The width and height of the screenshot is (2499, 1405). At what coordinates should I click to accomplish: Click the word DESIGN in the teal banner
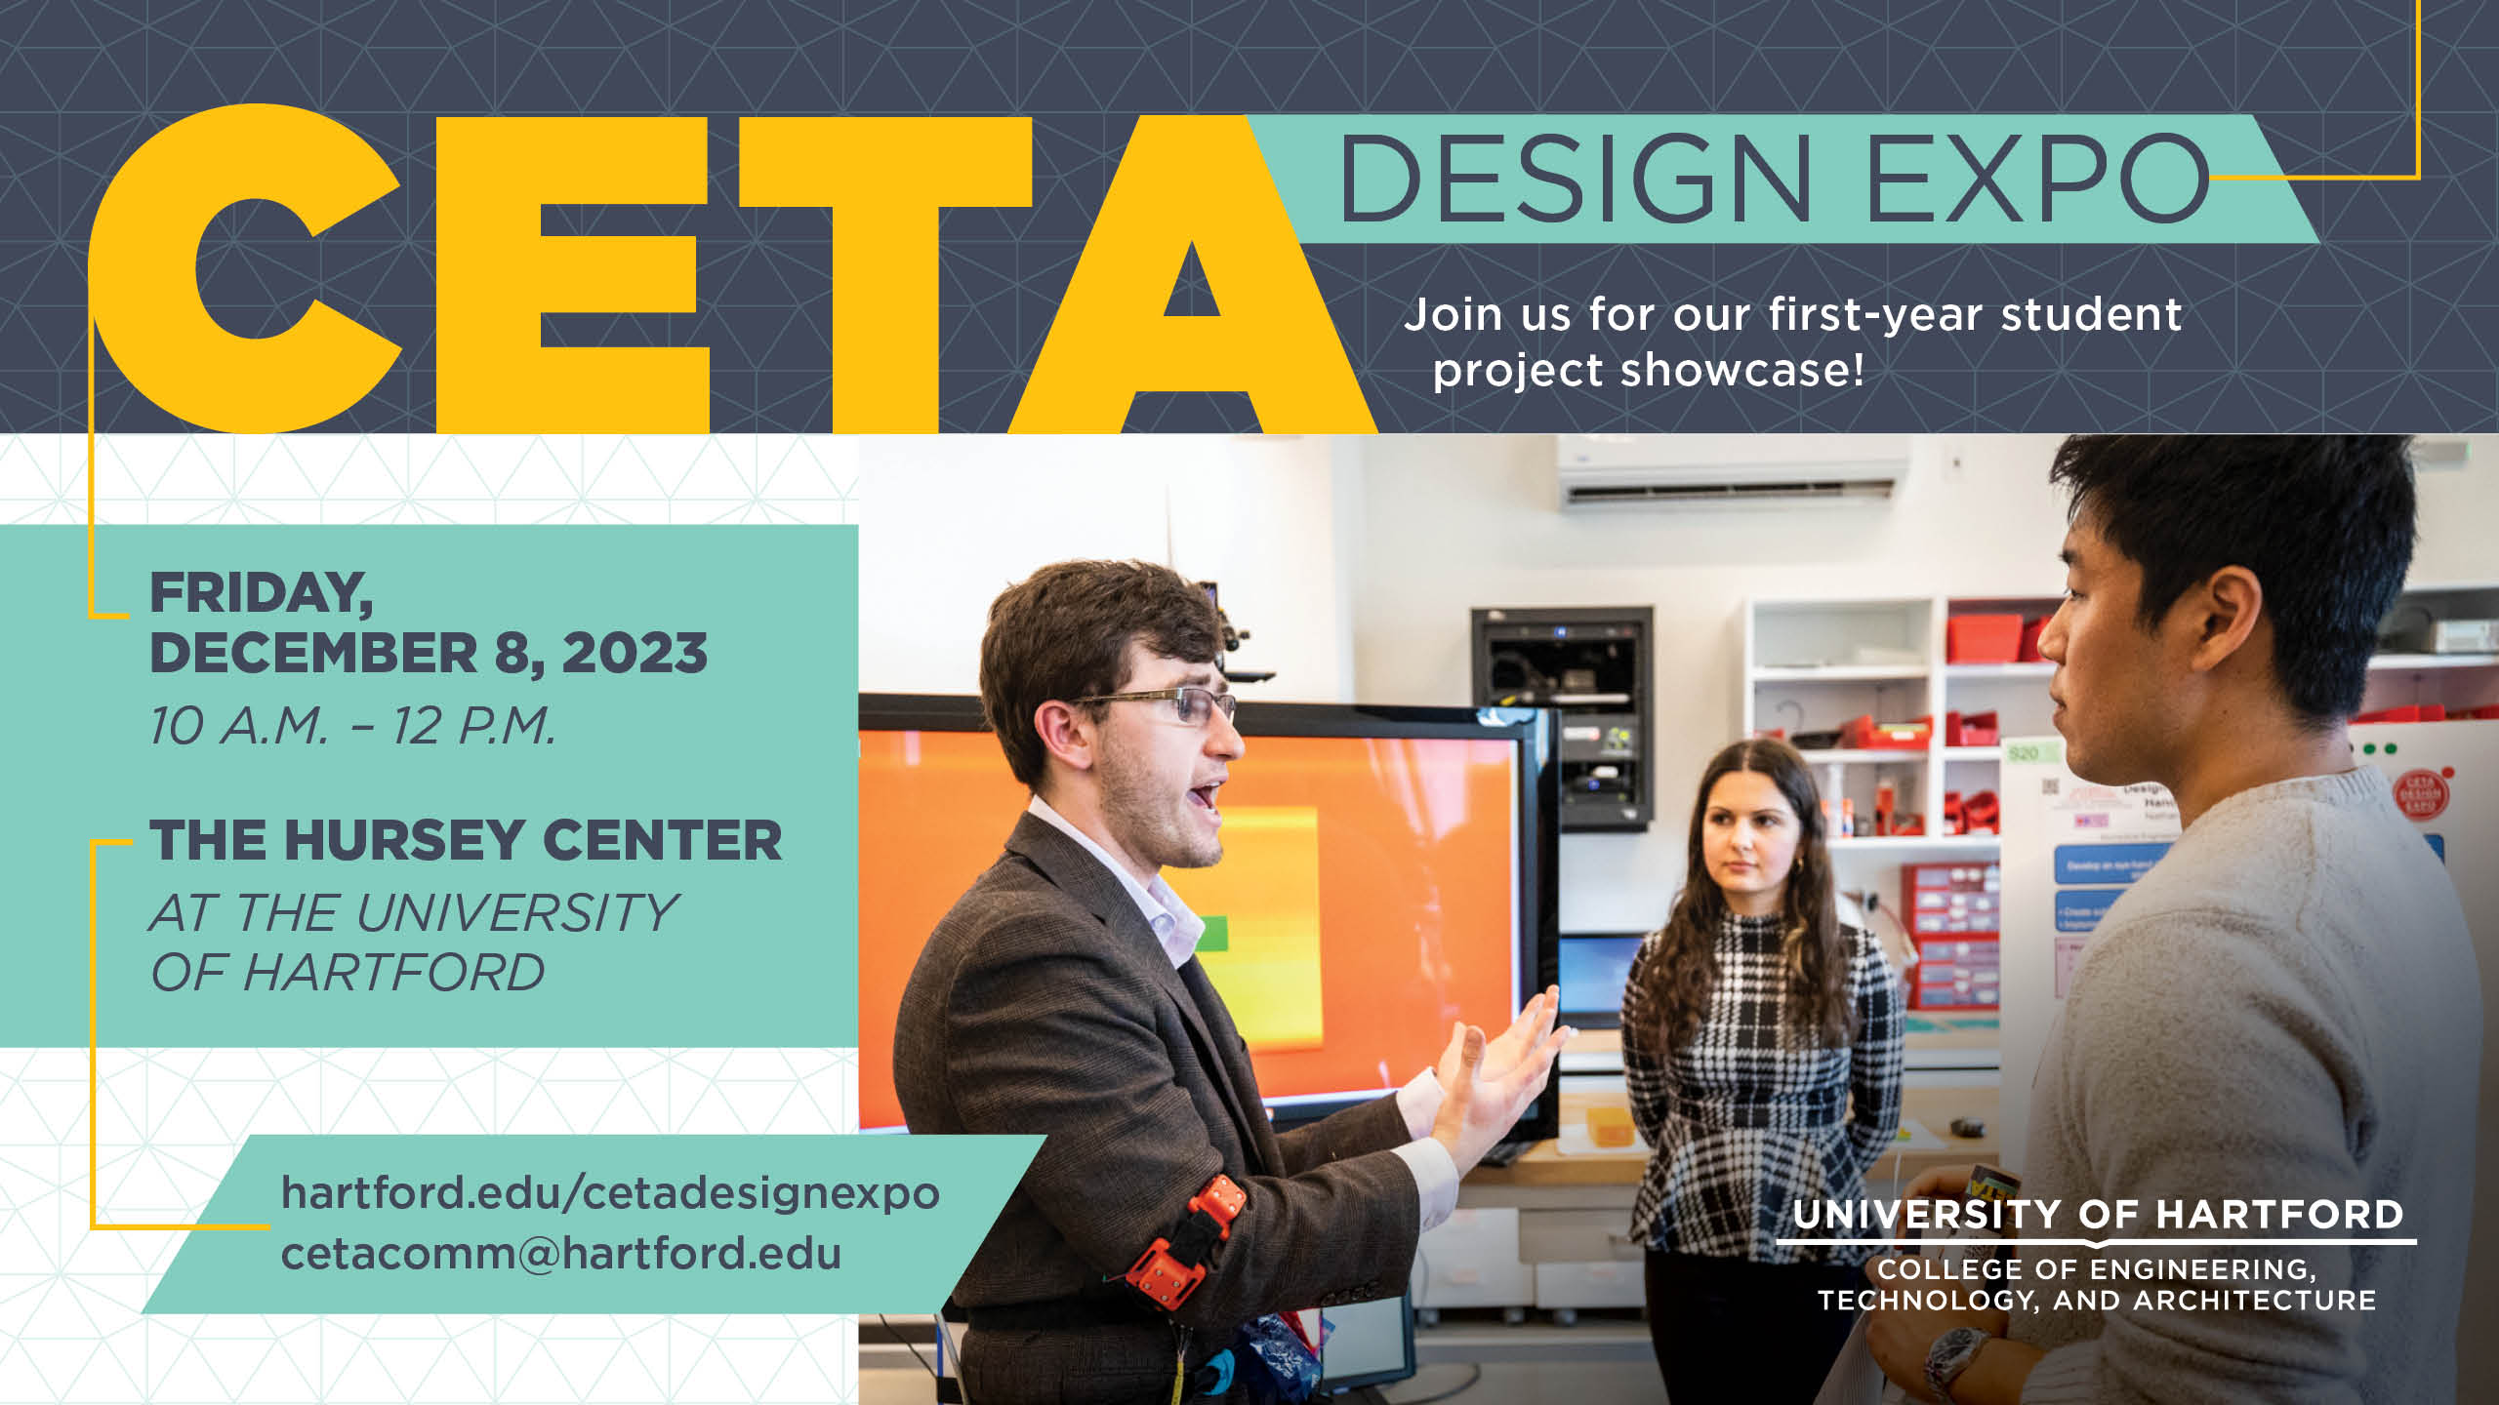(x=1574, y=180)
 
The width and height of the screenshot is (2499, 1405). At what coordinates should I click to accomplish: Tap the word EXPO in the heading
(x=2036, y=180)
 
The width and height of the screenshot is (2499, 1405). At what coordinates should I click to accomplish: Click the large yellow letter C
(x=244, y=268)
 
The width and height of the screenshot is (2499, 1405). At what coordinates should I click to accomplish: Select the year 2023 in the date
(x=635, y=653)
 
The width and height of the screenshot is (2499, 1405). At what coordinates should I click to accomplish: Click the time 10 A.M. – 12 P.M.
(x=352, y=726)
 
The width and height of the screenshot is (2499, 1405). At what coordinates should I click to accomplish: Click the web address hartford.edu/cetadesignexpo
(x=610, y=1192)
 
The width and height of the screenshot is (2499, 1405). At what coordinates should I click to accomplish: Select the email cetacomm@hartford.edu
(x=561, y=1254)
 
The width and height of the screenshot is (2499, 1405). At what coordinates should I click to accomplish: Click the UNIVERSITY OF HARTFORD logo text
(x=2098, y=1215)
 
